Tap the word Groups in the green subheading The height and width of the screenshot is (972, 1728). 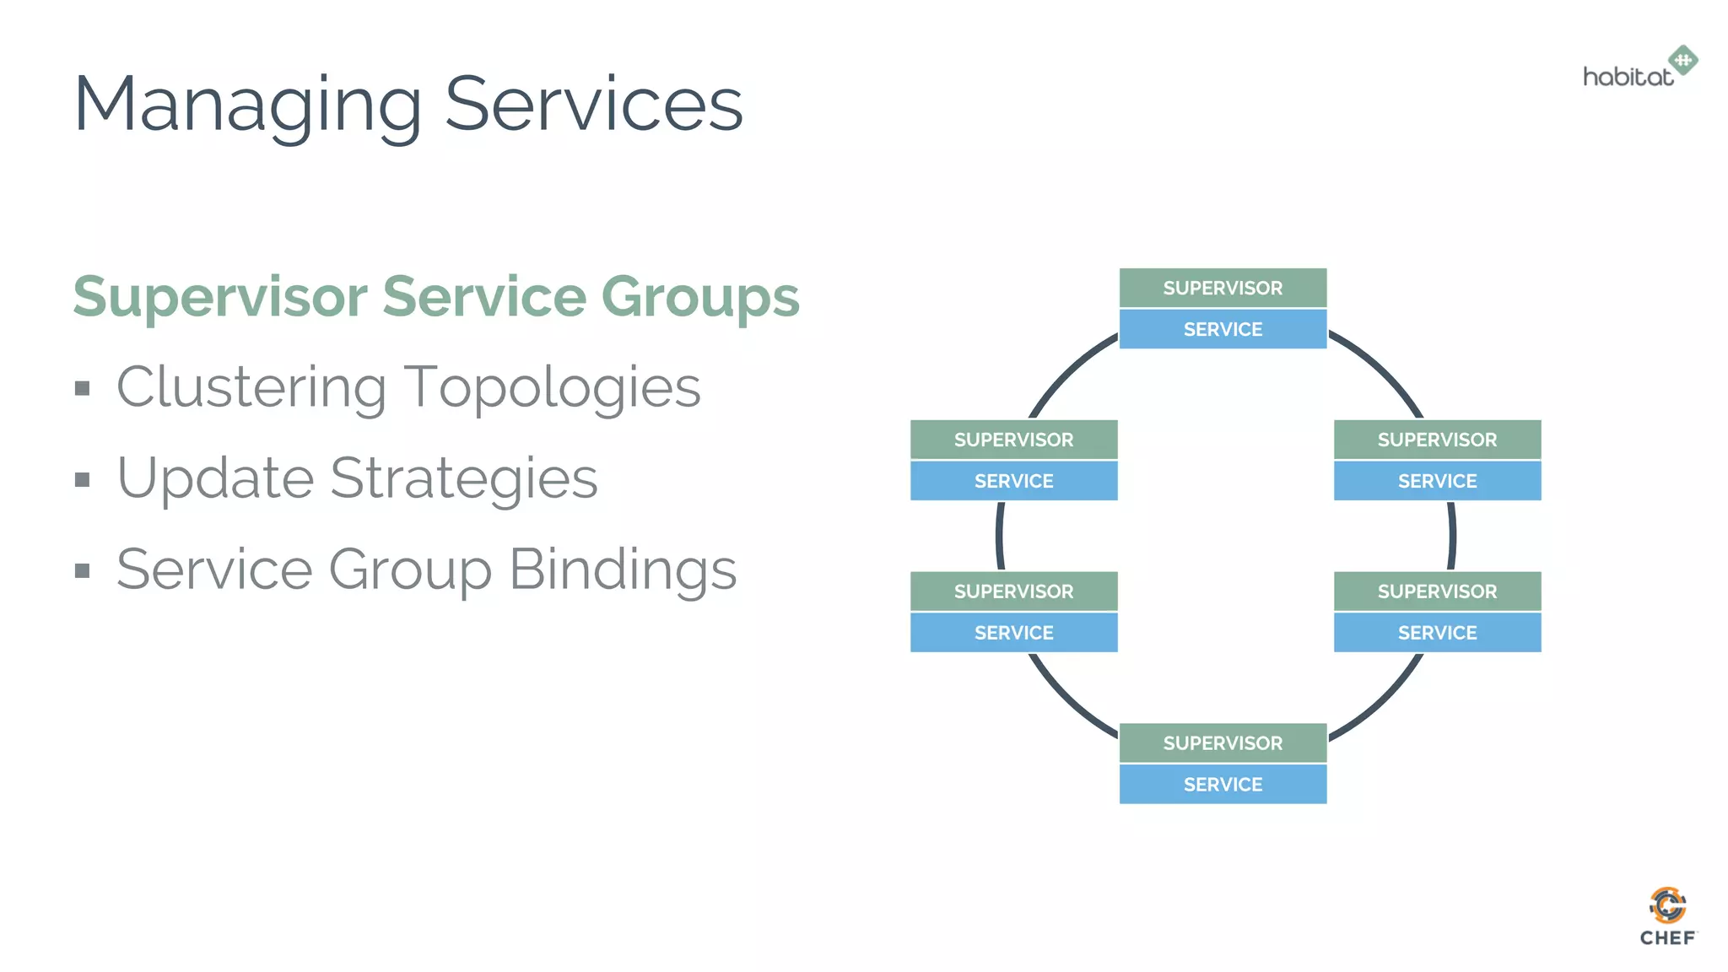point(699,297)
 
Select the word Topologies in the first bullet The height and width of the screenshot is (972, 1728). point(552,388)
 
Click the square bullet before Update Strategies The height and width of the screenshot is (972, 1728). point(82,480)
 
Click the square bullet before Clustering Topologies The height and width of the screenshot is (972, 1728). point(82,389)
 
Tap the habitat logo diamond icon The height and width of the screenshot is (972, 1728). point(1683,60)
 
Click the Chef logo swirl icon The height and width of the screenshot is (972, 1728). point(1667,905)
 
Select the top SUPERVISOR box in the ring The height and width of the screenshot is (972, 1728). point(1223,288)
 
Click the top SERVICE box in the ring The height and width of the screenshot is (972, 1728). point(1223,329)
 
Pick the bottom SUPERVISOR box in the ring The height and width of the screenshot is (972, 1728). point(1223,743)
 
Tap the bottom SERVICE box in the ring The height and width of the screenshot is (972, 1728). point(1223,785)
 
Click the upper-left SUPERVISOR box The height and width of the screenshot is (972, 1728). point(1013,440)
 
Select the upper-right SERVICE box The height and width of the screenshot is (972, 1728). point(1437,481)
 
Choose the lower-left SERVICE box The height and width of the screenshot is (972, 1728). point(1013,633)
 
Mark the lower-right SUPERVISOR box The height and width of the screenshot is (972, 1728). point(1437,591)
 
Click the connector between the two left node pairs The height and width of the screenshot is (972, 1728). point(1000,536)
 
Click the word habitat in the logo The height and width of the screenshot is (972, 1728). point(1627,78)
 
